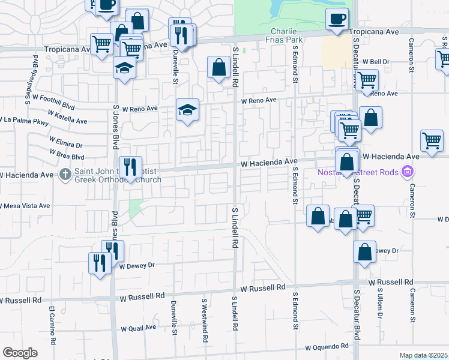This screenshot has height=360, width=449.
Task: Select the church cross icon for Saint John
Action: coord(66,175)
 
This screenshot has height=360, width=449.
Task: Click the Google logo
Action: coord(20,353)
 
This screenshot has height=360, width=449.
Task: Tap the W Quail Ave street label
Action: coord(139,329)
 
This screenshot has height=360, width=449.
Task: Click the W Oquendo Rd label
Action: coord(327,347)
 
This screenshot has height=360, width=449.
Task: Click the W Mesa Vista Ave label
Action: coord(25,205)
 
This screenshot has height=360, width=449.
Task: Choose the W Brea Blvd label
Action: coord(50,153)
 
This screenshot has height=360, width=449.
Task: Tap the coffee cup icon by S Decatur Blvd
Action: coord(337,19)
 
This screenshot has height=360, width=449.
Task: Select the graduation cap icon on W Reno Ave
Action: coord(187,110)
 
